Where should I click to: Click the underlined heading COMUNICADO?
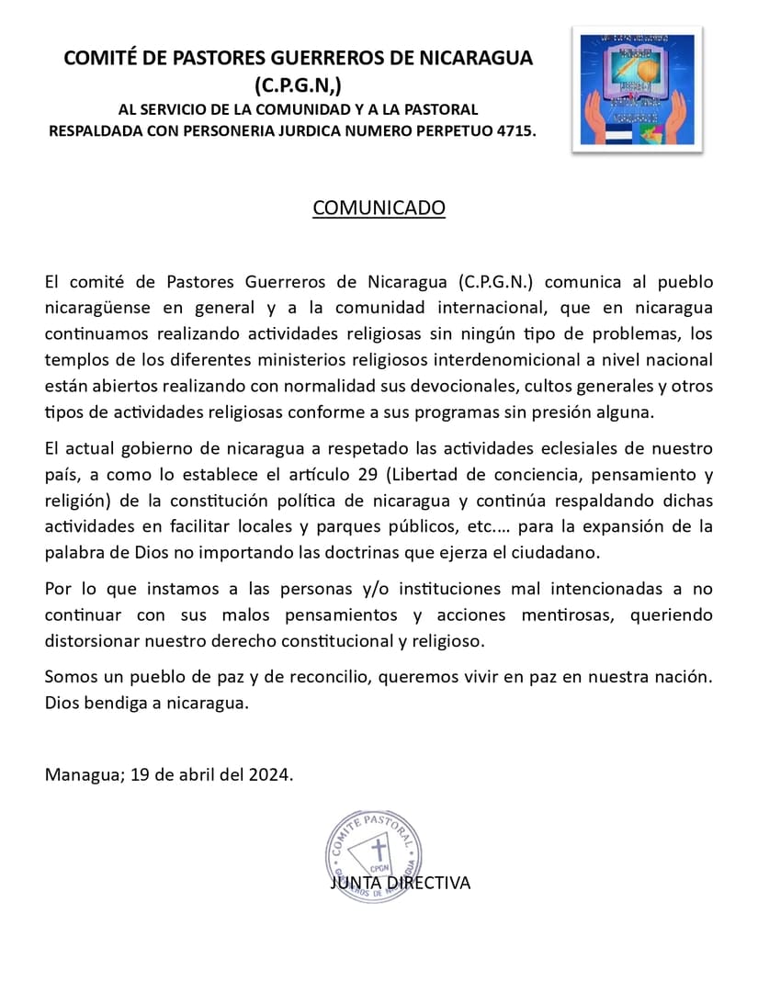379,208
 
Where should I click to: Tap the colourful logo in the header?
637,88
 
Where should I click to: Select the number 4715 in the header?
514,131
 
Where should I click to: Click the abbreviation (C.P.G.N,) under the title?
298,85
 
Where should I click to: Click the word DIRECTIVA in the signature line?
428,883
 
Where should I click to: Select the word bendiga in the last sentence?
113,704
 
